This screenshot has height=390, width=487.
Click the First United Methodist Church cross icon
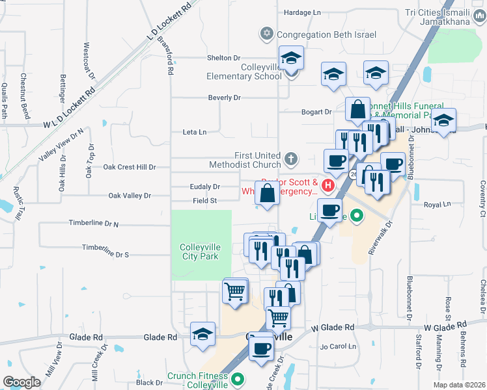coord(291,157)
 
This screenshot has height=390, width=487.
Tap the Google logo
coord(22,382)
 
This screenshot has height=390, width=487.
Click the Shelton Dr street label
coord(224,58)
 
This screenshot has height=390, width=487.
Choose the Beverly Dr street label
coord(224,97)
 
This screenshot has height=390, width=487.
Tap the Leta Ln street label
coord(195,132)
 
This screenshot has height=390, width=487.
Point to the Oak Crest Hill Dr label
coord(130,167)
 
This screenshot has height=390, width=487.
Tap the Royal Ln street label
coord(437,204)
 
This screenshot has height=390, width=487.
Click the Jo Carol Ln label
coord(337,346)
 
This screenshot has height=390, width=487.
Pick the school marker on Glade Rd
coord(203,335)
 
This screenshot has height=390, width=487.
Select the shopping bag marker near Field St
coord(268,194)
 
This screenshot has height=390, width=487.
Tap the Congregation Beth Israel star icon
coord(266,33)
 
